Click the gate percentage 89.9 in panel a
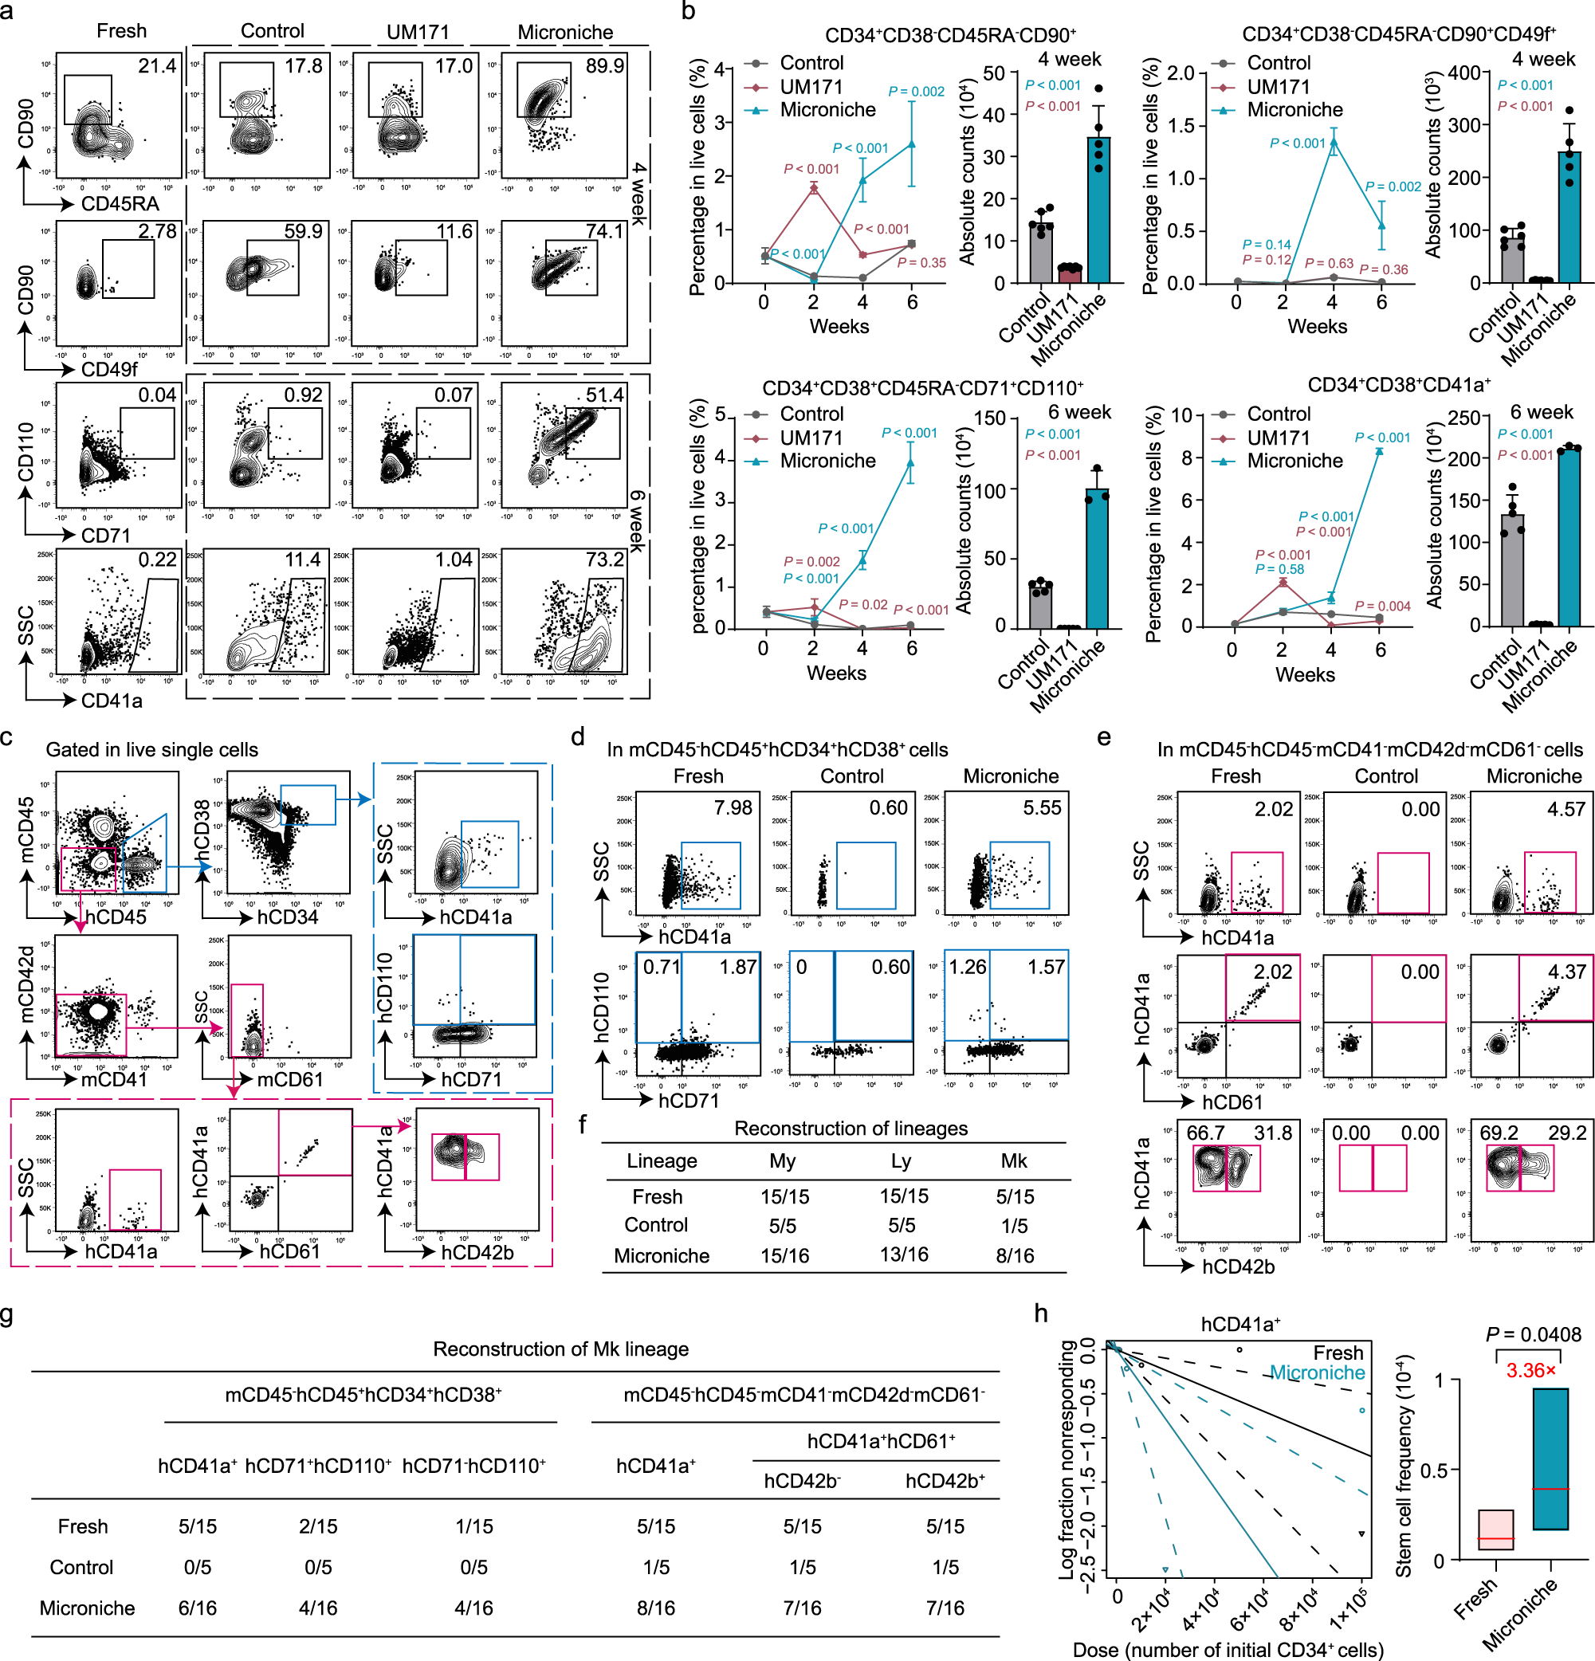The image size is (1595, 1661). click(x=604, y=66)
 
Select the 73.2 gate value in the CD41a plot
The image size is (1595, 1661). click(x=604, y=560)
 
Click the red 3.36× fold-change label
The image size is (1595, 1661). click(x=1530, y=1370)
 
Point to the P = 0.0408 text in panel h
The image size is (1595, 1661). click(x=1533, y=1335)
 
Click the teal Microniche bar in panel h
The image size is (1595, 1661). click(x=1550, y=1459)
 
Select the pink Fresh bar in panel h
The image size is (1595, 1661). click(x=1496, y=1529)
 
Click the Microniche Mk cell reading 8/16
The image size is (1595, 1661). click(x=1015, y=1256)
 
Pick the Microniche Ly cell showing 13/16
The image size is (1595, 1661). click(x=903, y=1255)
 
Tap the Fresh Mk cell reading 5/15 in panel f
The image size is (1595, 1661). click(x=1015, y=1196)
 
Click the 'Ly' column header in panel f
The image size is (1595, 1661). click(x=901, y=1161)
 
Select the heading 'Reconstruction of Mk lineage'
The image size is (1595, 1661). click(x=560, y=1349)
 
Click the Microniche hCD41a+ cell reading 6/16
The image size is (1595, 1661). click(x=198, y=1608)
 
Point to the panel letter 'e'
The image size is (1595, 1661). click(x=1103, y=737)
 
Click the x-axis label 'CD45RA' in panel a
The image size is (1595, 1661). click(x=120, y=203)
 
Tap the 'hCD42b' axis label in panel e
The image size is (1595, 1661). click(x=1238, y=1267)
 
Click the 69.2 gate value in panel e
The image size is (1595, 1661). click(x=1497, y=1133)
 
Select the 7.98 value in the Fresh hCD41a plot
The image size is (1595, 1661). click(x=733, y=807)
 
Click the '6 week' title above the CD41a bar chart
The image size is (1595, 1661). click(x=1542, y=412)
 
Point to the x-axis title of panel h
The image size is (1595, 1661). click(x=1228, y=1649)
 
